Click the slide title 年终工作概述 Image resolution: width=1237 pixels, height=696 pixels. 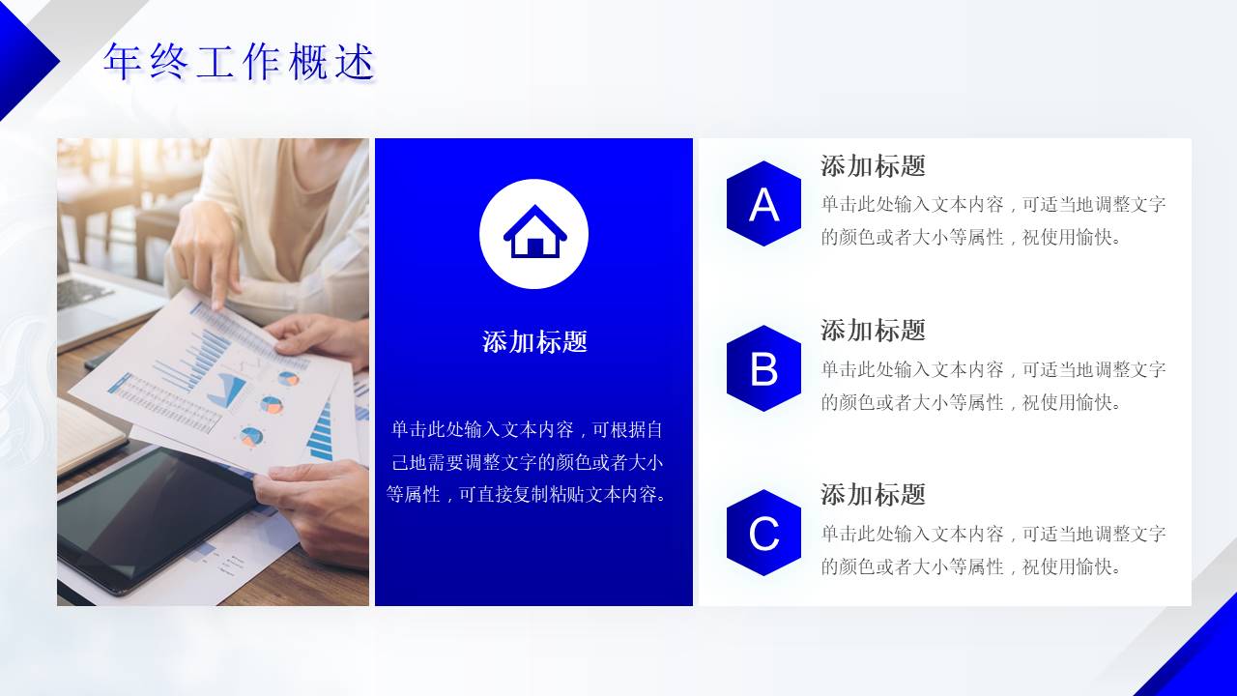239,63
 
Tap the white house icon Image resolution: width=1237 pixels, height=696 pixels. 534,232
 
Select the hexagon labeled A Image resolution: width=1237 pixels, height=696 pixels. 763,204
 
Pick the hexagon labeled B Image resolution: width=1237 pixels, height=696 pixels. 763,368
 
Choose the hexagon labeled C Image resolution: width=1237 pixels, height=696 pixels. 763,533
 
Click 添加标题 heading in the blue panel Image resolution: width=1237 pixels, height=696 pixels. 534,341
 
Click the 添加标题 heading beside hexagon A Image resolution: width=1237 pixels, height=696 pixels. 873,166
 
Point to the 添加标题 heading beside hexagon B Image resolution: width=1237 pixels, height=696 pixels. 873,331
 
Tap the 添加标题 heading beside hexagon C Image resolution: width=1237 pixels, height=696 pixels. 873,495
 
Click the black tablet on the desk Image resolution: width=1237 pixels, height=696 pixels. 155,512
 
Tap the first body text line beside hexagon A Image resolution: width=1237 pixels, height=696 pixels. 993,205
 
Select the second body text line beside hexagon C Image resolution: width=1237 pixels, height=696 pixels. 971,566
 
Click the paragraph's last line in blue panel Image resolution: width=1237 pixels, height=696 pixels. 527,495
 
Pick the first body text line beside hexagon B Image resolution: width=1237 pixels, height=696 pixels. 993,369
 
